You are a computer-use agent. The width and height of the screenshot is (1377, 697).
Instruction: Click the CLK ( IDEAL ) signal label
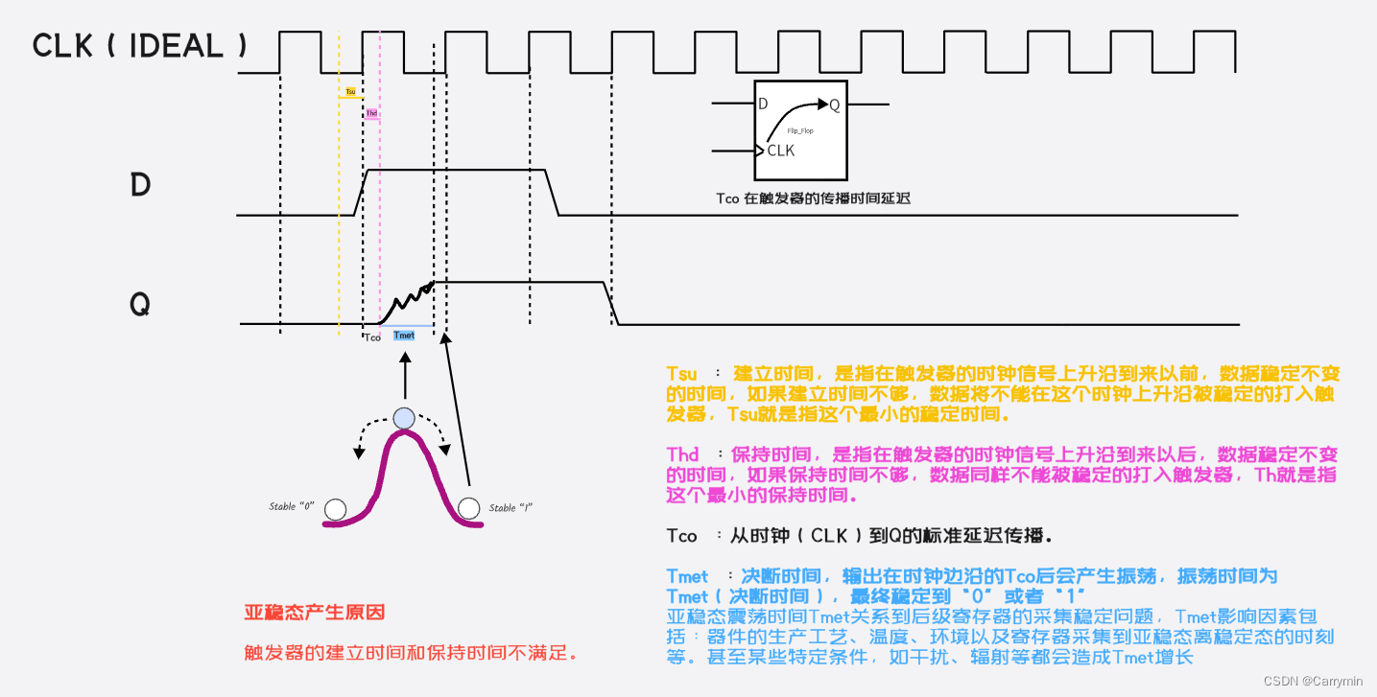(139, 46)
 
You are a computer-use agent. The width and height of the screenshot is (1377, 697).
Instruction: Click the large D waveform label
(140, 184)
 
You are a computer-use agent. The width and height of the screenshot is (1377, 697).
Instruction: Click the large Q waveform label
(140, 305)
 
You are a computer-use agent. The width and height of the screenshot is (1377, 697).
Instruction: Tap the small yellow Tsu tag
(350, 92)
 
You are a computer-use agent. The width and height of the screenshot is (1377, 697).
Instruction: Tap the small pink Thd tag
(371, 113)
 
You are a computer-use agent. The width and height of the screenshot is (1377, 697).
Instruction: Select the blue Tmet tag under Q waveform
(405, 336)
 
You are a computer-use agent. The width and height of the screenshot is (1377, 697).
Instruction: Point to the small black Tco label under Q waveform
(372, 337)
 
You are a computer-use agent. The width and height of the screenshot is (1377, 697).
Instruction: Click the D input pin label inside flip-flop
(763, 104)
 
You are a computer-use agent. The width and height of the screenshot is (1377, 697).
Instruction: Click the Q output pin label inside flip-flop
(835, 105)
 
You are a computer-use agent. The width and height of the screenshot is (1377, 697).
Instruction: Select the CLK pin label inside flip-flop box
(781, 151)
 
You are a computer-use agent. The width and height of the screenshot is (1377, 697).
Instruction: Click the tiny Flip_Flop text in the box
(800, 130)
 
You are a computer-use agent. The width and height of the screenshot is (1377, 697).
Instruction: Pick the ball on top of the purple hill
(404, 418)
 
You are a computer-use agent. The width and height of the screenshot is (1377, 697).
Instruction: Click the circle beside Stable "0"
(335, 509)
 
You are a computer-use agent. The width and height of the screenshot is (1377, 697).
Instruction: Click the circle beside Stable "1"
(468, 508)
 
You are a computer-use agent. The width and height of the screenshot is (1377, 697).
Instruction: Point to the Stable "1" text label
(510, 507)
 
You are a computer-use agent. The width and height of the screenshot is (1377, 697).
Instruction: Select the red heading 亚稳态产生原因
(315, 613)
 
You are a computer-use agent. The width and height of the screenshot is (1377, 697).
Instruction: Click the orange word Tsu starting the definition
(681, 373)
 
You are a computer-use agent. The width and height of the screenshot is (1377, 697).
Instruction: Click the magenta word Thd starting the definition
(682, 454)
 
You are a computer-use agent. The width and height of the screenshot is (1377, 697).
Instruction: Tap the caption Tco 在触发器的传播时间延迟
(812, 198)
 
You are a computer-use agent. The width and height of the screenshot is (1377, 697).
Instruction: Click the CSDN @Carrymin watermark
(1313, 681)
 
